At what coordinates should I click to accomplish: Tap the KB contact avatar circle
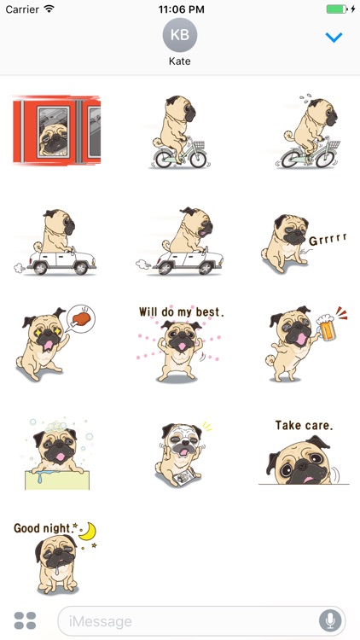pos(179,35)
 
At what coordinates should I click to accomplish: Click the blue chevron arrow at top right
pos(334,38)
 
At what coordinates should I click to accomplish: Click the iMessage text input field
pos(188,620)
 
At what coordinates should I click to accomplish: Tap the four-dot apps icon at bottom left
pos(26,620)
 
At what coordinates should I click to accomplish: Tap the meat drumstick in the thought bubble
pos(81,319)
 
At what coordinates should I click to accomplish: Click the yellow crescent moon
pos(87,532)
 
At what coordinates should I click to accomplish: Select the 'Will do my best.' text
pos(181,312)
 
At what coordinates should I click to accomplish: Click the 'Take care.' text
pos(304,425)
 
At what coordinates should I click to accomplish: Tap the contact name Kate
pos(179,62)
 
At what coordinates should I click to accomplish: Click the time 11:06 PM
pos(179,9)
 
